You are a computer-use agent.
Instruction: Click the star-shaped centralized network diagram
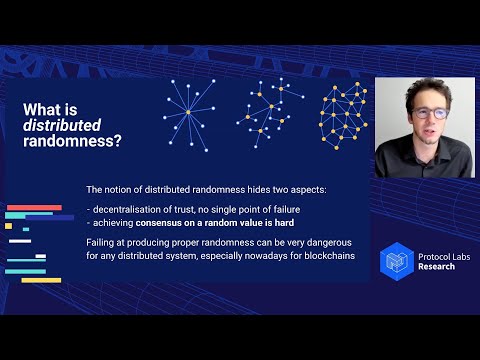click(187, 111)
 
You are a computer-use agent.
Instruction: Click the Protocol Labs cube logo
click(398, 260)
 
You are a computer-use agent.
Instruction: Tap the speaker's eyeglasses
click(429, 113)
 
